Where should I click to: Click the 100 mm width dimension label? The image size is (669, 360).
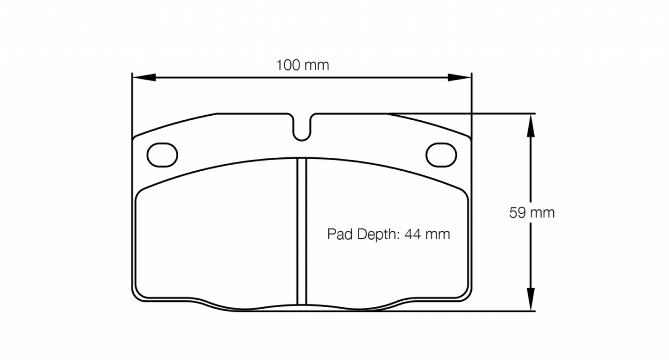(302, 65)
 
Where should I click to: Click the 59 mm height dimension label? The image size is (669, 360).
(531, 213)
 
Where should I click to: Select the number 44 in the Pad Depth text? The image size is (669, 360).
(412, 235)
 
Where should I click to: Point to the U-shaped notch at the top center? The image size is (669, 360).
(302, 128)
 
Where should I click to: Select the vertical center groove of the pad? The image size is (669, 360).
(302, 231)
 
